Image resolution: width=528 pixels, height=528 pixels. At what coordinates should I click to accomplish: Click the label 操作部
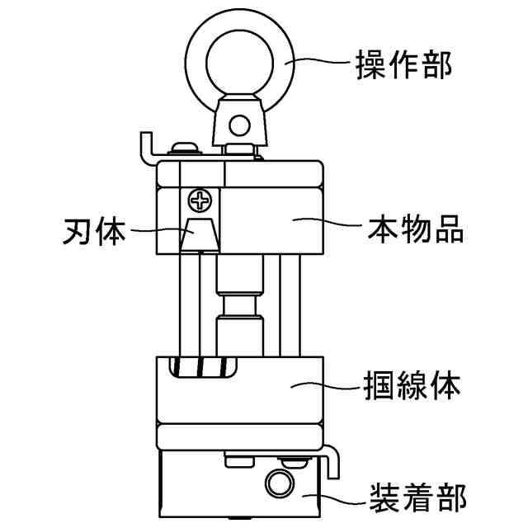coord(403,65)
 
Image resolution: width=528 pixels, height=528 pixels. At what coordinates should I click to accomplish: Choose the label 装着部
coord(416,498)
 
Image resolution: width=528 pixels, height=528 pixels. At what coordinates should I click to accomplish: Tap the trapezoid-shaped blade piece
coord(200,234)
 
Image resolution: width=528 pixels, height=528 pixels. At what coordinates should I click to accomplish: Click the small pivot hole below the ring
coord(239,125)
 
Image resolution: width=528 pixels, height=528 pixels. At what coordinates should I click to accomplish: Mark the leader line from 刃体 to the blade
coord(161,232)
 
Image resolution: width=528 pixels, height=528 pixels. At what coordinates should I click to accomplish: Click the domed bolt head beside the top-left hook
coord(183,148)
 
